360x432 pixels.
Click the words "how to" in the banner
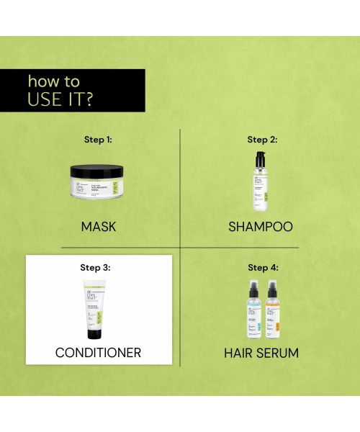53,81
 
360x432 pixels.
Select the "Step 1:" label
99,140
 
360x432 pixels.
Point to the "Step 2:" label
262,140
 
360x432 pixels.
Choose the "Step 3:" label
99,267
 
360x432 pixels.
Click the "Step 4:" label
262,267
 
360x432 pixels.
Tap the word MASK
99,227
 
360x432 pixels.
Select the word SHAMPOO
261,227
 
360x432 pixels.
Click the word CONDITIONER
99,353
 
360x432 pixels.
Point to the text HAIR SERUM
261,353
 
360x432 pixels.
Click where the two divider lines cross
180,248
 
